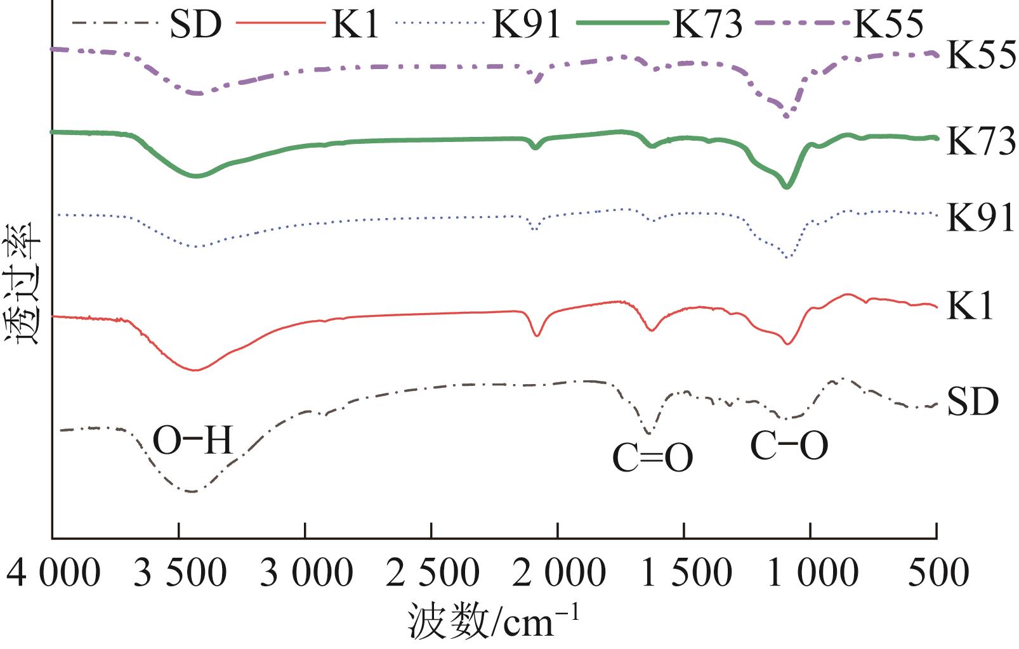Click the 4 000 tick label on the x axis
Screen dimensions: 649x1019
click(x=53, y=574)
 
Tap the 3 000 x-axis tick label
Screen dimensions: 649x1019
click(x=305, y=574)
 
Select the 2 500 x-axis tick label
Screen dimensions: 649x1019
click(x=431, y=574)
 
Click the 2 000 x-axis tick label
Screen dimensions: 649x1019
click(x=558, y=574)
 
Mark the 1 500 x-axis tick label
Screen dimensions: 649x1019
click(x=684, y=574)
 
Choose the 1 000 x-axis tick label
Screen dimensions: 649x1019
click(x=810, y=574)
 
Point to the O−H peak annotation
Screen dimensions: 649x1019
click(x=193, y=441)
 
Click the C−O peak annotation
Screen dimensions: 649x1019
click(x=789, y=446)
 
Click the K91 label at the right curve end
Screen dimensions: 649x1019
click(x=981, y=219)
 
